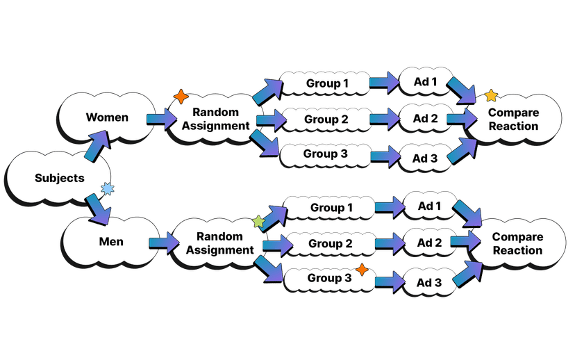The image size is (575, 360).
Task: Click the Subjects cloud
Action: point(59,179)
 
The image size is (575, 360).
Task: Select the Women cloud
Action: point(106,117)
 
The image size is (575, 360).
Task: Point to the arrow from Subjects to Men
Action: point(97,208)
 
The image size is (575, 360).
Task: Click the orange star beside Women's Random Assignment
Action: point(180,96)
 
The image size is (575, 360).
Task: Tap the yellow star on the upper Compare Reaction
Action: point(491,95)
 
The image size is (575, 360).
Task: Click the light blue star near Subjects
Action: point(107,188)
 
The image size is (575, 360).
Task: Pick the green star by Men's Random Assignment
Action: point(258,222)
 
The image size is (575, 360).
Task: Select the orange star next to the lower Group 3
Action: point(361,269)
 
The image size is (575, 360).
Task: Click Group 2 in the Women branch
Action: point(326,119)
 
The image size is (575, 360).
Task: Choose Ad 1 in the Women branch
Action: point(424,83)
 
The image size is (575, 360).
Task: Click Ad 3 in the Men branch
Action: point(428,282)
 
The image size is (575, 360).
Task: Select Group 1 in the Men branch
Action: point(331,208)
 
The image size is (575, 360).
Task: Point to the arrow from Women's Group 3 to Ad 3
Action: point(384,156)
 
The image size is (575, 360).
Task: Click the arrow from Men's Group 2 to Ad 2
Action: point(389,243)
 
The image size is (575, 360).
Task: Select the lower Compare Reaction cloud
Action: point(517,244)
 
